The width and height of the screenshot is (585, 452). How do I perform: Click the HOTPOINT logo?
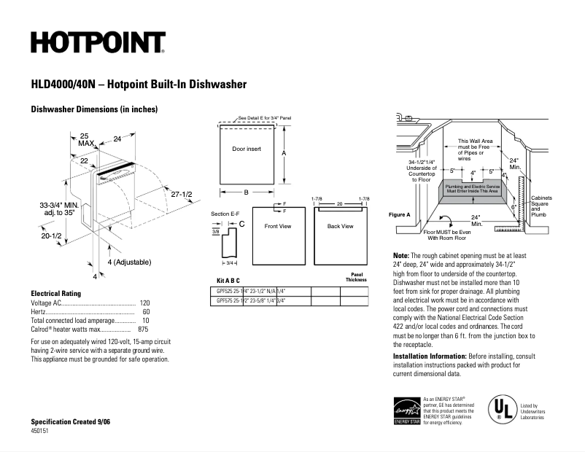[98, 43]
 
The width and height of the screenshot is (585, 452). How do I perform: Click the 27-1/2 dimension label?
[182, 195]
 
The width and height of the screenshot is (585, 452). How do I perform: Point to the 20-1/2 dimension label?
[50, 235]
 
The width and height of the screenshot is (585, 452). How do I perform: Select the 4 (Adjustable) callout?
[129, 262]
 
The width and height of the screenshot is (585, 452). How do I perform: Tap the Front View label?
[277, 227]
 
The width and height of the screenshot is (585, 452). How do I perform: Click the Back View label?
[340, 227]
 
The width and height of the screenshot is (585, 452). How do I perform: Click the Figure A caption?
[399, 214]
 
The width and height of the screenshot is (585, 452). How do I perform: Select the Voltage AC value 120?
[144, 303]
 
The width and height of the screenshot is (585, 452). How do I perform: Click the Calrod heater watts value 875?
[143, 330]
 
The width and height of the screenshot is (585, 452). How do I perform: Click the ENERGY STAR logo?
[406, 410]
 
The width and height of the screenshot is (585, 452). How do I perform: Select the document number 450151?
[41, 432]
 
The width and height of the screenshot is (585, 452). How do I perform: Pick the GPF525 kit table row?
[250, 290]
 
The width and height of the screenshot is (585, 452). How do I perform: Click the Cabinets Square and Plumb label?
[541, 206]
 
